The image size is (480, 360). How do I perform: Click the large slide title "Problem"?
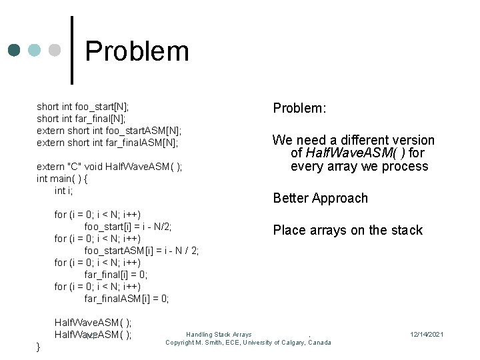tap(137, 51)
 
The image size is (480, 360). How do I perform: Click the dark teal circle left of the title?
tap(14, 51)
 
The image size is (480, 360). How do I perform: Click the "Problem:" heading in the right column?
tap(299, 108)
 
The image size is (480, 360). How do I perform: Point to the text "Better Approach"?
tap(320, 198)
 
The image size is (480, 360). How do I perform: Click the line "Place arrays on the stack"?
tap(347, 230)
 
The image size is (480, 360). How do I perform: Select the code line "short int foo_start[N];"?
tap(83, 106)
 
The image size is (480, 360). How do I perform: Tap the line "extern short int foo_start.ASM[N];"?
tap(109, 130)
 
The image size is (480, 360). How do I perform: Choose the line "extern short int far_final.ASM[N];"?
tap(107, 142)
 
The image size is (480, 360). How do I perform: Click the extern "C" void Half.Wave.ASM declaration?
tap(109, 167)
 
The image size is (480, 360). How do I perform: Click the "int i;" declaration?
tap(63, 191)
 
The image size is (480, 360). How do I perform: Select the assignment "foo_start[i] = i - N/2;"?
tap(128, 227)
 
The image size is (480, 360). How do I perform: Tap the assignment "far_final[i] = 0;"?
tap(116, 275)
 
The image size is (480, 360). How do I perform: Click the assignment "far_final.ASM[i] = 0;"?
tap(127, 299)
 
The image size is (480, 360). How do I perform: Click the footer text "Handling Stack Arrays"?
tap(219, 334)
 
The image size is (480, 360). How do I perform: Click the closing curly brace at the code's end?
tap(39, 347)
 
